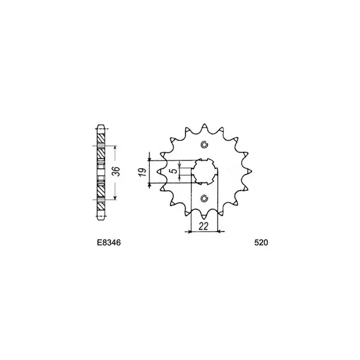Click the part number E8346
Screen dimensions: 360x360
point(109,242)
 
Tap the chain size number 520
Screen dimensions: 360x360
point(261,242)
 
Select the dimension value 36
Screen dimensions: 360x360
point(117,171)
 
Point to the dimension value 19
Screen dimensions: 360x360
point(143,172)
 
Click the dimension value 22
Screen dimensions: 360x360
point(203,227)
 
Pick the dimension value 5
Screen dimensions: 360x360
point(175,171)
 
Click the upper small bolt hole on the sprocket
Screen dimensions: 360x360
point(204,145)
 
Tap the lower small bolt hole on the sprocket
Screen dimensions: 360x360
point(204,199)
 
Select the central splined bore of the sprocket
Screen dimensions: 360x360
point(204,172)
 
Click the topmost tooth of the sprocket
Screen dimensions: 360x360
point(204,127)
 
